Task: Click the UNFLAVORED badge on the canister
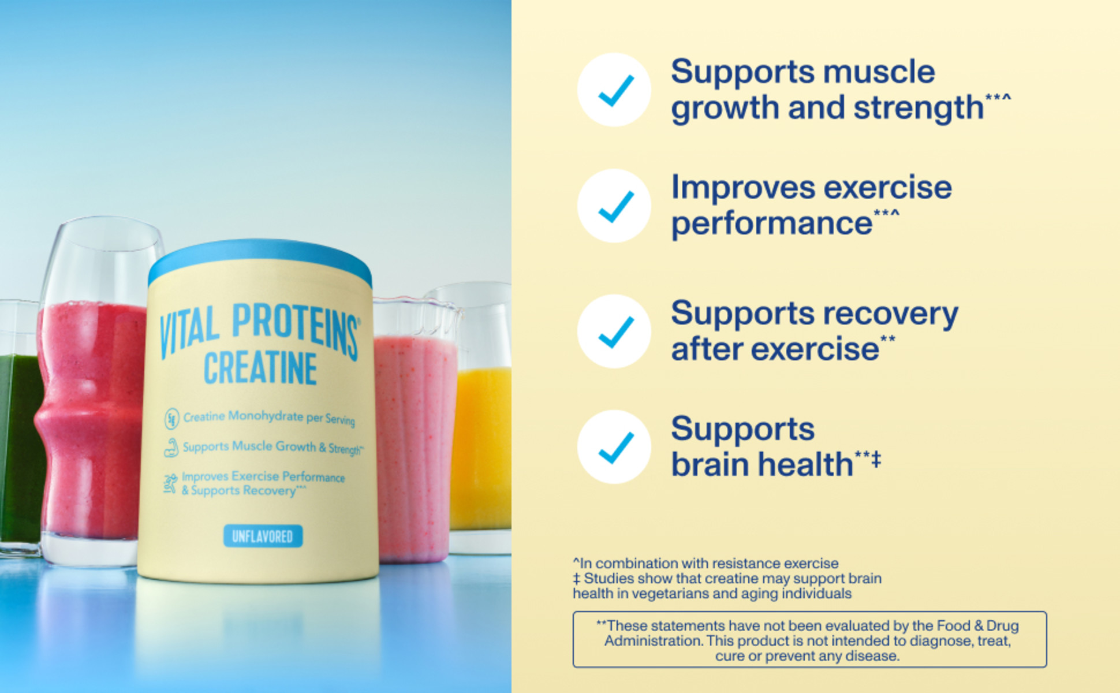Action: (x=263, y=536)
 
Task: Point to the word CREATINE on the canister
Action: (x=260, y=368)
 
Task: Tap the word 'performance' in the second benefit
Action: (x=771, y=223)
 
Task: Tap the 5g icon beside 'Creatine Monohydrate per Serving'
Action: (x=171, y=418)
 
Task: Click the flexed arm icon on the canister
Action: (x=171, y=448)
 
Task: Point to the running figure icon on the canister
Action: (x=170, y=483)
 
